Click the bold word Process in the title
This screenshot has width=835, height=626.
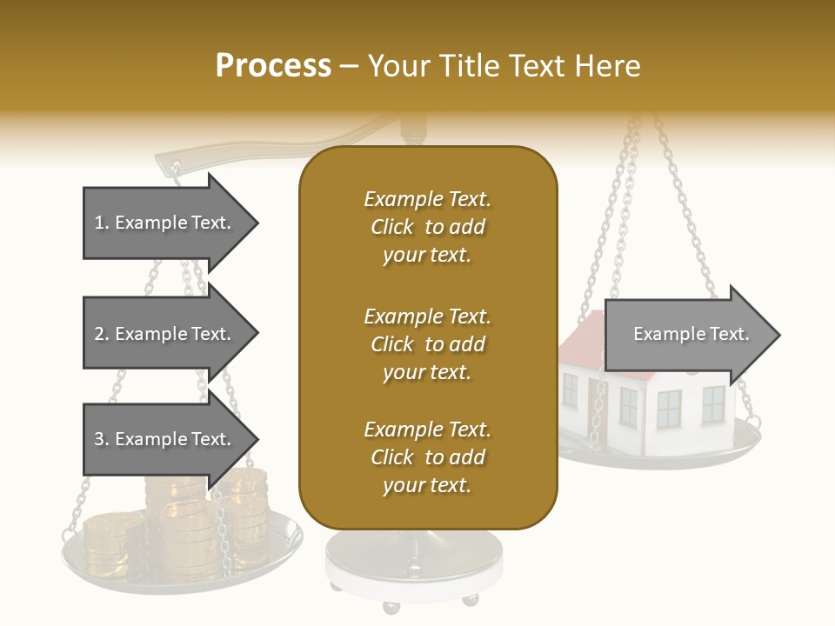click(273, 65)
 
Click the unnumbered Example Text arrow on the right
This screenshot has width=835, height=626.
click(691, 335)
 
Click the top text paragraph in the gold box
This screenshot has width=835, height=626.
click(427, 227)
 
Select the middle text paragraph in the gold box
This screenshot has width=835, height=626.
click(427, 343)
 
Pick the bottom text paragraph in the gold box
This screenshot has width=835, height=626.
click(427, 457)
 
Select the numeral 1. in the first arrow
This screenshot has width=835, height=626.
click(102, 223)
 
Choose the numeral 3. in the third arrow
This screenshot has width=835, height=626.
click(102, 439)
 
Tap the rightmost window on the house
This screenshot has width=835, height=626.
click(712, 404)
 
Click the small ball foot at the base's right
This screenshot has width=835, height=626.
click(471, 600)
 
